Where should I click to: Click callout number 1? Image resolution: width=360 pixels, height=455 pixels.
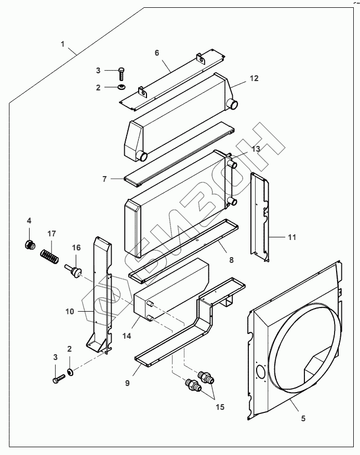click(x=62, y=44)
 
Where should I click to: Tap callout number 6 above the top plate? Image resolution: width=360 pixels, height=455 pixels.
click(x=156, y=53)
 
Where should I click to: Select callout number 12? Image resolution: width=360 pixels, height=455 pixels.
click(x=254, y=78)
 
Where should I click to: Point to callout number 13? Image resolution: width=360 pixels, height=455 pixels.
click(x=256, y=149)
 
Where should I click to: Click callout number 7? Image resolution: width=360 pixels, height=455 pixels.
click(x=104, y=179)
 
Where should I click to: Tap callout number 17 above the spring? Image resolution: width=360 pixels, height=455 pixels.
click(x=51, y=234)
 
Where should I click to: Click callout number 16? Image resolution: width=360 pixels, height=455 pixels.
click(x=76, y=248)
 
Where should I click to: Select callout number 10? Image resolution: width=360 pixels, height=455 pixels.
click(x=70, y=311)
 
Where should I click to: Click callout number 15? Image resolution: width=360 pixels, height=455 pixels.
click(x=221, y=407)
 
